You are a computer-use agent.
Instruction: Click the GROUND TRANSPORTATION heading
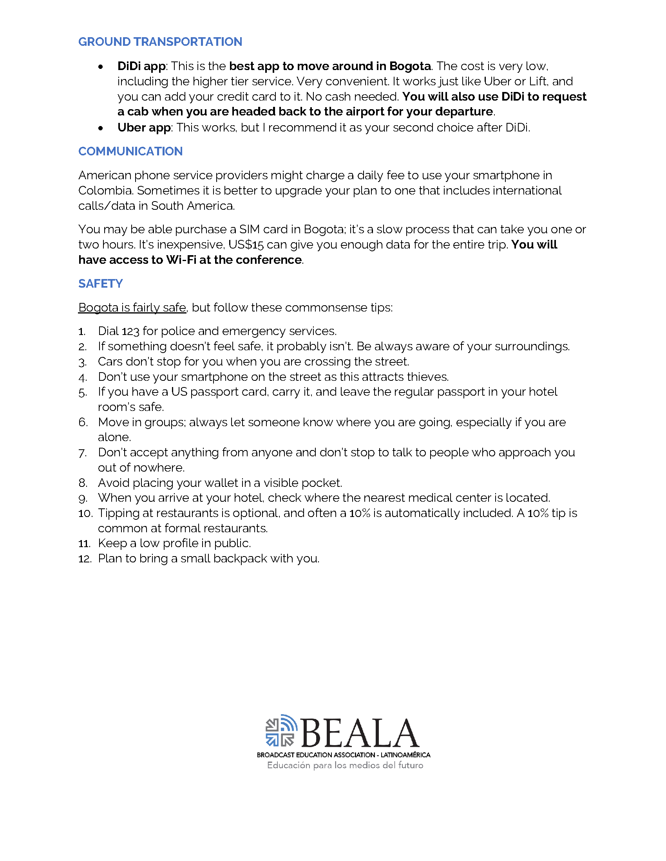pyautogui.click(x=160, y=42)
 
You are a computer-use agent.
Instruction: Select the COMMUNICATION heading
pyautogui.click(x=130, y=151)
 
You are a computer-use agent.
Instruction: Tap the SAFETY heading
pyautogui.click(x=100, y=284)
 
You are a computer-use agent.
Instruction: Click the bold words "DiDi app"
pyautogui.click(x=141, y=66)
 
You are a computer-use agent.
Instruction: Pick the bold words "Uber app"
pyautogui.click(x=144, y=128)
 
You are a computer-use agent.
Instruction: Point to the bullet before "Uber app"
pyautogui.click(x=101, y=128)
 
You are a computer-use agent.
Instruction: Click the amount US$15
pyautogui.click(x=245, y=245)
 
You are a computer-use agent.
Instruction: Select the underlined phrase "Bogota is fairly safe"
pyautogui.click(x=132, y=308)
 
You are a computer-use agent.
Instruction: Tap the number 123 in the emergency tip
pyautogui.click(x=130, y=331)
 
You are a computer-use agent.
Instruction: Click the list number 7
pyautogui.click(x=82, y=453)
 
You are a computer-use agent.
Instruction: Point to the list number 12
pyautogui.click(x=85, y=559)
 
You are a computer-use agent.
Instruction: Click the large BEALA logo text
pyautogui.click(x=359, y=733)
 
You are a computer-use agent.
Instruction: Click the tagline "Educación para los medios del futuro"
pyautogui.click(x=345, y=766)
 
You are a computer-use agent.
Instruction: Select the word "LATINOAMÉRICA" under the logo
pyautogui.click(x=405, y=755)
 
